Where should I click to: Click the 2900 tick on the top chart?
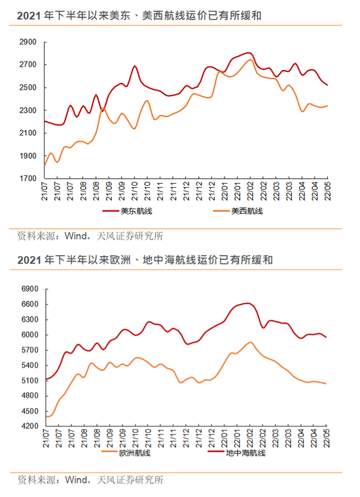tap(28, 42)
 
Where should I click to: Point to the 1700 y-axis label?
tap(28, 179)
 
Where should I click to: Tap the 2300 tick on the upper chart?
tap(28, 111)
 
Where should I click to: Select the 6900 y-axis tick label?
tap(30, 289)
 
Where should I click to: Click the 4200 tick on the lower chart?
tap(30, 426)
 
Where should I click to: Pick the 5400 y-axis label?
tap(30, 365)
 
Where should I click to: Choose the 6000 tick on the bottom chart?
tap(30, 335)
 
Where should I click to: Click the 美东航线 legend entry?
tap(127, 211)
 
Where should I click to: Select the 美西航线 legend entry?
tap(238, 211)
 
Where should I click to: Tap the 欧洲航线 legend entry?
tap(126, 453)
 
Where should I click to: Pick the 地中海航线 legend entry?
tap(236, 453)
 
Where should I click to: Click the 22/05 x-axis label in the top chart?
tap(328, 191)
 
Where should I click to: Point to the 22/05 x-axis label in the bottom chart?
tap(327, 438)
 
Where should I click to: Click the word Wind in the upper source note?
tap(76, 236)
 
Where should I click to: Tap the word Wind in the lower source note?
tap(76, 480)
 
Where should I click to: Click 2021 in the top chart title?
tap(29, 16)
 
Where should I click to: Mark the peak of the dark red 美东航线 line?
tap(249, 52)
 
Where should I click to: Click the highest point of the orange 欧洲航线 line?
tap(250, 342)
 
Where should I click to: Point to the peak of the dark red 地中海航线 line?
tap(247, 303)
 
